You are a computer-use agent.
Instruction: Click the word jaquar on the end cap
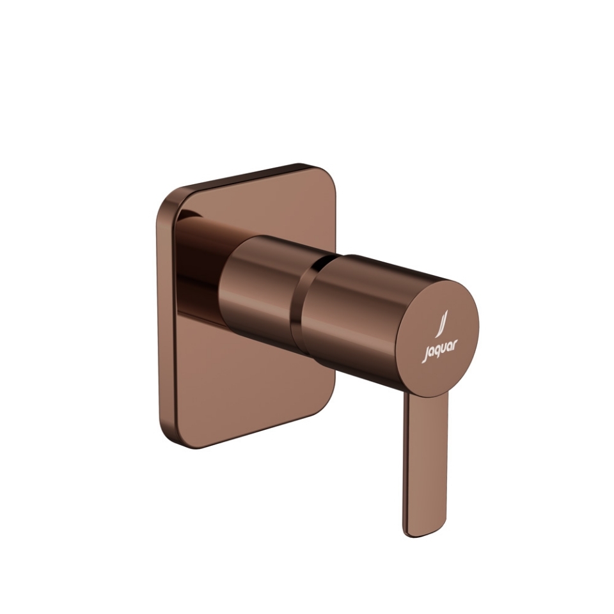click(439, 350)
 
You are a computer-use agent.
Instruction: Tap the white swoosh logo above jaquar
click(440, 324)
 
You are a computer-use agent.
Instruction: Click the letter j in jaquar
click(424, 354)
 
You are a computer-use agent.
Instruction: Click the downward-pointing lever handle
click(425, 460)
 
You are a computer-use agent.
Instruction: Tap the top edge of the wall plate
click(243, 177)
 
